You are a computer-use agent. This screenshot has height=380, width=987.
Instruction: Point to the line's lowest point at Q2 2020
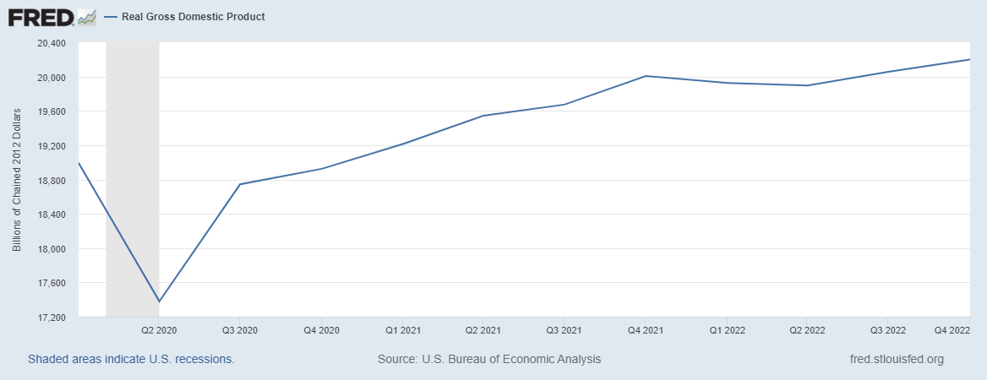tap(159, 301)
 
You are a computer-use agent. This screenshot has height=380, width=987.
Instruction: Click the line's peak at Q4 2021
tap(646, 76)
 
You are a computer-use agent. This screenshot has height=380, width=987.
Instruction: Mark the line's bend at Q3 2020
tap(240, 184)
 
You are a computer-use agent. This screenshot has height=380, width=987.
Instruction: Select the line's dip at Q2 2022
tap(808, 85)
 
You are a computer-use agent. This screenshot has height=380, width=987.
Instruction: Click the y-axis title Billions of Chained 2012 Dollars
tap(16, 181)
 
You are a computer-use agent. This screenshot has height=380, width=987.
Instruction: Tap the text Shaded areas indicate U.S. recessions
tap(131, 359)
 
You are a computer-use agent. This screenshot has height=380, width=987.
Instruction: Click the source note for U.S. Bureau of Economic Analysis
tap(489, 359)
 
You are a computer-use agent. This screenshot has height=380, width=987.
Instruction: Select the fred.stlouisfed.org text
tap(896, 359)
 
